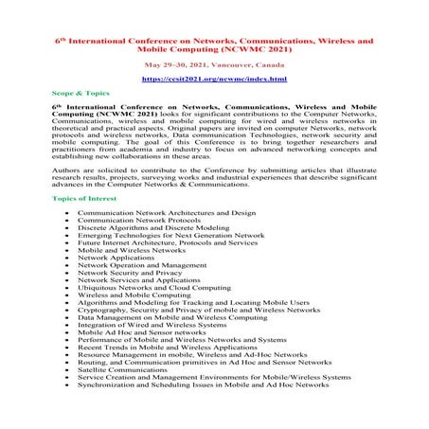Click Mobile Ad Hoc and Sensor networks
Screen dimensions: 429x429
pyautogui.click(x=142, y=332)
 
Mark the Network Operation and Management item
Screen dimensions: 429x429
pyautogui.click(x=142, y=265)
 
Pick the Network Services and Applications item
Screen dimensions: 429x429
pyautogui.click(x=140, y=280)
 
